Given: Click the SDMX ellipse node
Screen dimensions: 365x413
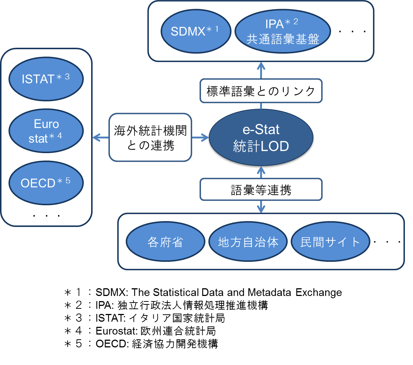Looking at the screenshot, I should coord(195,31).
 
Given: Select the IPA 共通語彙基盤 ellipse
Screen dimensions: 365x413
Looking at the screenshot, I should coord(283,31).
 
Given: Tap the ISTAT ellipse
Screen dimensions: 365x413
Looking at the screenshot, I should coord(46,79).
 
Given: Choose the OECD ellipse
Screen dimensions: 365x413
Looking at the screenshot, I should coord(46,182).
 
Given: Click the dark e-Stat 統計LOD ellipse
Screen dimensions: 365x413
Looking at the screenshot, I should coord(261,138).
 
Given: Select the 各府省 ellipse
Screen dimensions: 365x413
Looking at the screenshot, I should coord(165,242).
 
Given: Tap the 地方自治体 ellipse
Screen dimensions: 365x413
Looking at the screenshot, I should coord(248,242).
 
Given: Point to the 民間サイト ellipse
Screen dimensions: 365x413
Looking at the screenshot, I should coord(330,242).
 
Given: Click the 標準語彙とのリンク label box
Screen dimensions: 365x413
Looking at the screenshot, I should coord(261,91).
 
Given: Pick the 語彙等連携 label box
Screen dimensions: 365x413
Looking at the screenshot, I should coord(261,190).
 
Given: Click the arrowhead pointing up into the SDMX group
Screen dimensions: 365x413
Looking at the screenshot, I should coord(261,65).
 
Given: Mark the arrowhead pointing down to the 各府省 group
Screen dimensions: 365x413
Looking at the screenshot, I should coord(261,209).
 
